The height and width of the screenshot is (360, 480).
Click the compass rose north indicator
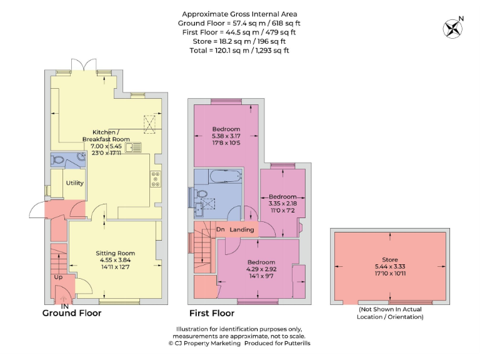(x=453, y=28)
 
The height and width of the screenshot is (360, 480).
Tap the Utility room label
(x=75, y=182)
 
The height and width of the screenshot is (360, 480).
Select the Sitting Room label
(x=115, y=253)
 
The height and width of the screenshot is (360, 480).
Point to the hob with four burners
(x=156, y=179)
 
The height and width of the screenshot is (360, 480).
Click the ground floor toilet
(x=57, y=159)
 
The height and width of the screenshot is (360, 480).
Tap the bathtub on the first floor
(x=226, y=176)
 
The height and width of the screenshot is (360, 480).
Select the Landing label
(x=241, y=229)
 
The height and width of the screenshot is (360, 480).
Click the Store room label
(x=390, y=259)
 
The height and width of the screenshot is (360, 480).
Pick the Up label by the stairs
(x=58, y=277)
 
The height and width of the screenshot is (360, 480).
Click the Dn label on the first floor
(x=221, y=229)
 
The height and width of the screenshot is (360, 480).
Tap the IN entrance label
(x=64, y=306)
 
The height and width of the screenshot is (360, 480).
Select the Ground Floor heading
(x=72, y=313)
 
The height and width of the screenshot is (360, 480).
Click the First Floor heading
(x=212, y=313)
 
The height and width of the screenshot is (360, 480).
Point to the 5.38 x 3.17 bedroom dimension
(x=226, y=136)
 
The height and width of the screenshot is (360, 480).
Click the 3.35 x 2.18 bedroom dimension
(x=282, y=204)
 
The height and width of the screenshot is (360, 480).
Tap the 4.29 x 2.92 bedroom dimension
(x=261, y=269)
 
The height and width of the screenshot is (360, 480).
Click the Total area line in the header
(x=239, y=51)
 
